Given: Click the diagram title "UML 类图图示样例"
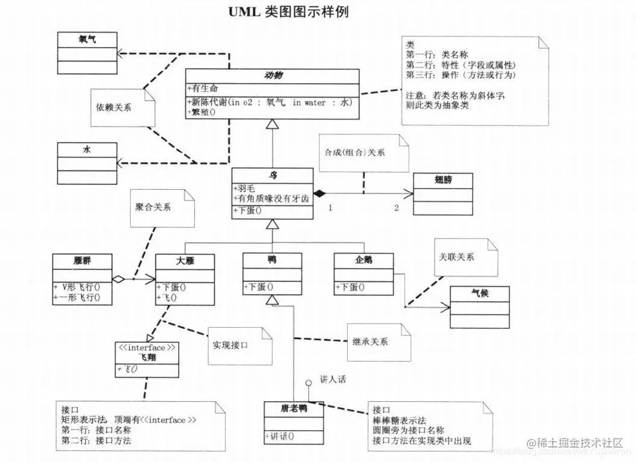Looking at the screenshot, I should tap(288, 11).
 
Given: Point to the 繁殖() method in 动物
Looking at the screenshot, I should tap(203, 113).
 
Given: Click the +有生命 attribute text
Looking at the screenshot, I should tap(204, 89).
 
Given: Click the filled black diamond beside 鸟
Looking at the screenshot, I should tap(319, 193).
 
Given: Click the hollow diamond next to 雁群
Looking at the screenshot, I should tap(119, 279).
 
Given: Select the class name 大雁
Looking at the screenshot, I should tap(184, 261).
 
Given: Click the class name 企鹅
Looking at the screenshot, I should tap(364, 260).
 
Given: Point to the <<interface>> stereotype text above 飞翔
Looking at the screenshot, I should tap(146, 348).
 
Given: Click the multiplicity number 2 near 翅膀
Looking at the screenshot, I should tap(397, 208).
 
